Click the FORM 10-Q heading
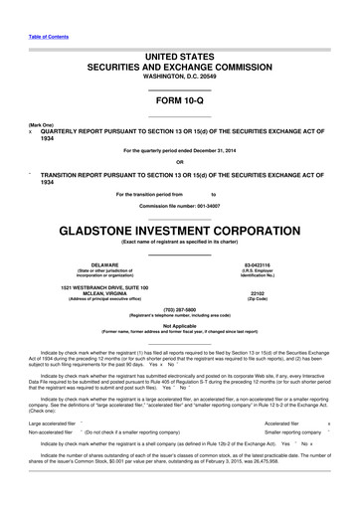click(179, 102)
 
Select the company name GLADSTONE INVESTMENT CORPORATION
click(179, 228)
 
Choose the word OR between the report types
click(179, 162)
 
